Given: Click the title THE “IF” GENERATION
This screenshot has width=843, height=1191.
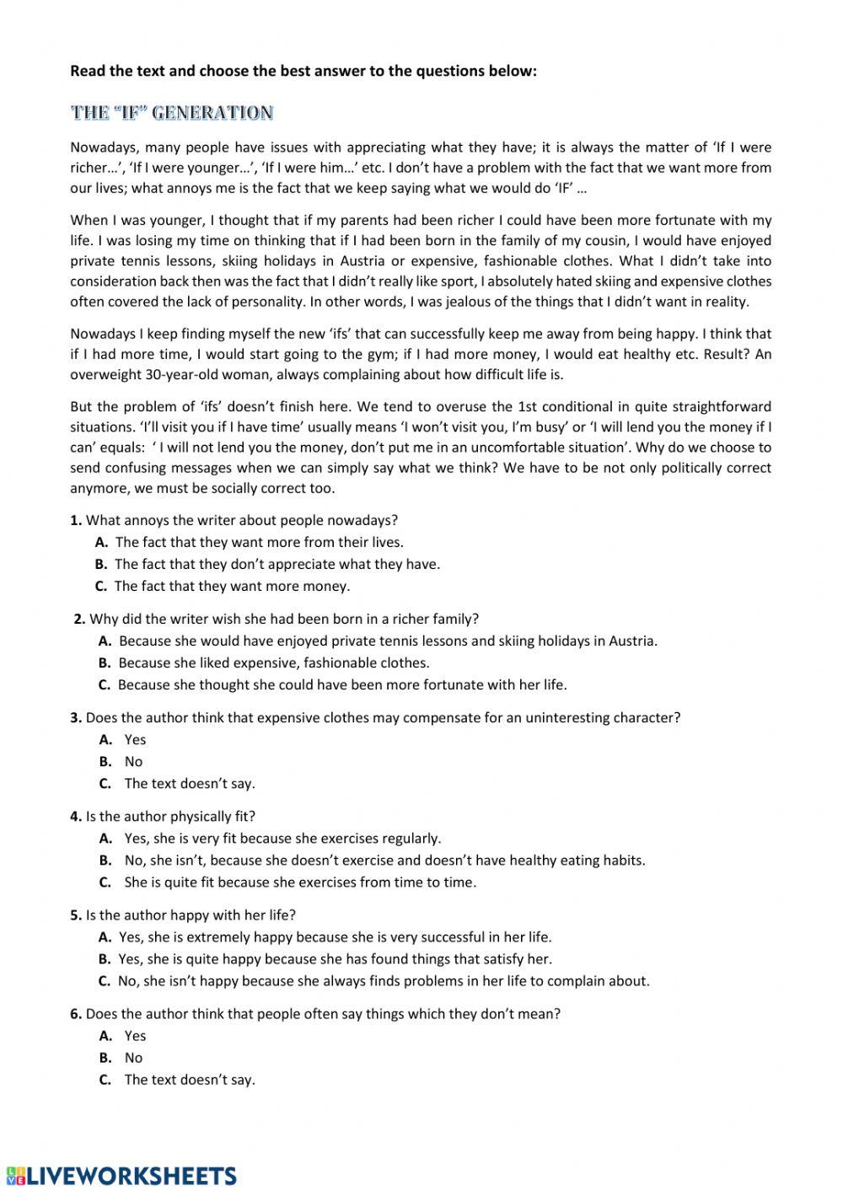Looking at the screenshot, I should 171,113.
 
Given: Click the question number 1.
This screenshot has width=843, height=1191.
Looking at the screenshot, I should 75,520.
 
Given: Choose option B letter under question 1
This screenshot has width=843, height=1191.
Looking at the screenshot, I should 101,564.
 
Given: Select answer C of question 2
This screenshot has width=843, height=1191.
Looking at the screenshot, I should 341,684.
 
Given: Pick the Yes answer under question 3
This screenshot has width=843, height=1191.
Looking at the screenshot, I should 135,739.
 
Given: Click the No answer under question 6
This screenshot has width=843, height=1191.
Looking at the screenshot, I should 133,1058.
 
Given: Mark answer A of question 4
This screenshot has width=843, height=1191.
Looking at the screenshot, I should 282,838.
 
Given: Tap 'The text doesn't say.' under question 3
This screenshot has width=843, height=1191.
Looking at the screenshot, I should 190,783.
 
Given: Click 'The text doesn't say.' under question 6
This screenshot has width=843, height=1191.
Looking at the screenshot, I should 190,1080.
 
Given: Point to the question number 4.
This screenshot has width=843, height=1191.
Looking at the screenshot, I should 75,816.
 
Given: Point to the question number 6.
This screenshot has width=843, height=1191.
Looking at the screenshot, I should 75,1014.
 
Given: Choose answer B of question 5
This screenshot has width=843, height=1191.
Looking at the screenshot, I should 335,958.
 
